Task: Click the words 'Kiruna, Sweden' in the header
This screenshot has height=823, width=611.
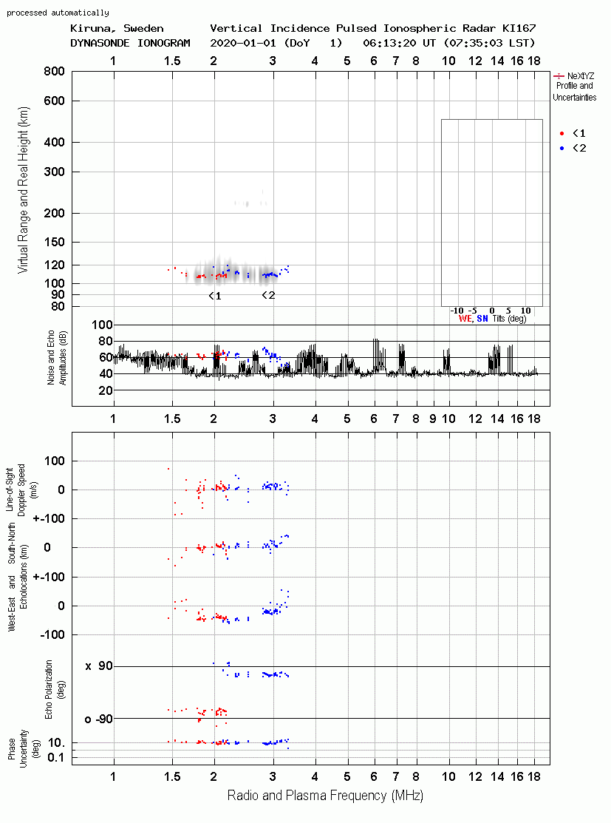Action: (117, 28)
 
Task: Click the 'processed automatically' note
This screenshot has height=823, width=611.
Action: (58, 13)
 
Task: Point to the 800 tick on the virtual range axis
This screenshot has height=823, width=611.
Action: (54, 72)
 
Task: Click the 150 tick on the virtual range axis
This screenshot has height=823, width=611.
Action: (54, 242)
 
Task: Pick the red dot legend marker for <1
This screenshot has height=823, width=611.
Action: (561, 133)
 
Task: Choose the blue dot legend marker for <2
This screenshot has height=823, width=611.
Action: (561, 148)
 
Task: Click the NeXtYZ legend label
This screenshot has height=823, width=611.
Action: (581, 76)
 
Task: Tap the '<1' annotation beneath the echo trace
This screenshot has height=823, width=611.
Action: (215, 296)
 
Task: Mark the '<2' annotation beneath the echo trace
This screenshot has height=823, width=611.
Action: (268, 295)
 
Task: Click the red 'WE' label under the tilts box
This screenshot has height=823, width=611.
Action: (465, 319)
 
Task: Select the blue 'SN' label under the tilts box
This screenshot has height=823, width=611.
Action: (482, 319)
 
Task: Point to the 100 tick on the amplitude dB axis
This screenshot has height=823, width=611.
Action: (102, 325)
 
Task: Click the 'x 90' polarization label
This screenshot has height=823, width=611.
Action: (99, 666)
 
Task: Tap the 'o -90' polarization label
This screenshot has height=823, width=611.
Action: (98, 719)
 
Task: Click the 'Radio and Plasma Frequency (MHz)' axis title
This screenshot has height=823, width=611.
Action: (325, 796)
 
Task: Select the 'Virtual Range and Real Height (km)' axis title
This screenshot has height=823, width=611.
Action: (23, 190)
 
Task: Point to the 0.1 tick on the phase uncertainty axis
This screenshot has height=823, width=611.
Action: (56, 757)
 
